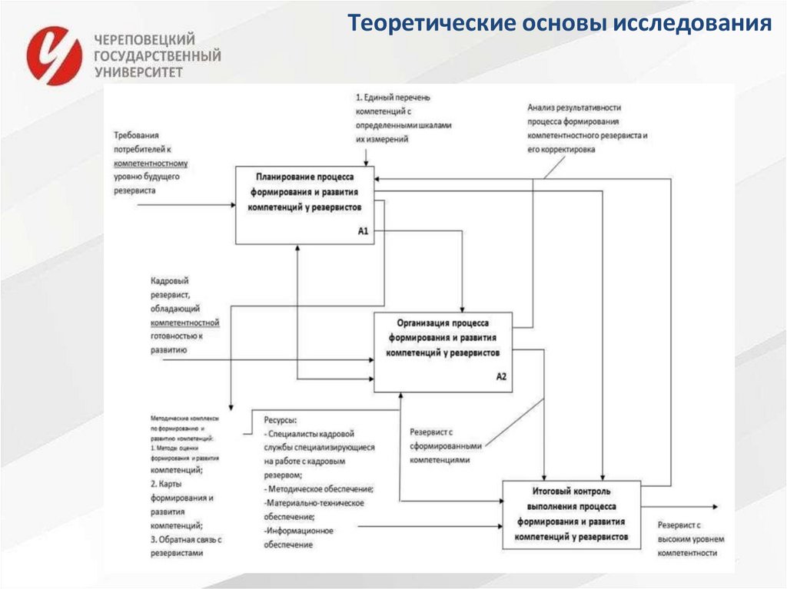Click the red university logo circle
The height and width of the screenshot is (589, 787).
[54, 55]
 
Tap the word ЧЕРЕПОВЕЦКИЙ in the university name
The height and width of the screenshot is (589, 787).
[144, 39]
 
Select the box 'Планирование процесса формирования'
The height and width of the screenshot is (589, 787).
[304, 204]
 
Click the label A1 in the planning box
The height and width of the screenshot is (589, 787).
[364, 231]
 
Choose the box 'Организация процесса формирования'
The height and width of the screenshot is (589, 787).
[443, 352]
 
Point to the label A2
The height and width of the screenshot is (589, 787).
[501, 376]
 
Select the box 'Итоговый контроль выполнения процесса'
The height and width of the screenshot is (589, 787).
[573, 514]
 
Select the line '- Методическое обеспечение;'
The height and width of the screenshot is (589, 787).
[318, 488]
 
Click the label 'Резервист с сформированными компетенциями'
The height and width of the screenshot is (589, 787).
[446, 445]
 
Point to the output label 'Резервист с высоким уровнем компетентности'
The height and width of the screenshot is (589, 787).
[689, 538]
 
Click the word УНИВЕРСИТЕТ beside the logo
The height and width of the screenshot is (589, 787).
[139, 71]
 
